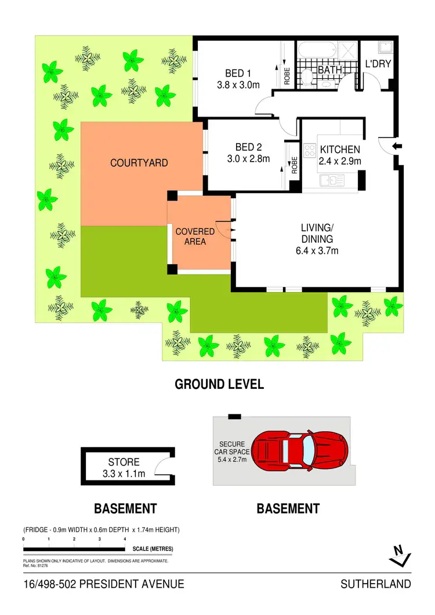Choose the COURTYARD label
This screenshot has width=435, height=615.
point(139,163)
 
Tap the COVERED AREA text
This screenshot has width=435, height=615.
point(195,236)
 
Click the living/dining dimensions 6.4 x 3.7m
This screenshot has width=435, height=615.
point(316,250)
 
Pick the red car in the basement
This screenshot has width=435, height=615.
point(301,450)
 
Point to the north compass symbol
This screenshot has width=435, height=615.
point(399,556)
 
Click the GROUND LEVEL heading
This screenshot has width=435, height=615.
point(219,384)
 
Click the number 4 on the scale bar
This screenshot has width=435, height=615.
point(125,539)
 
